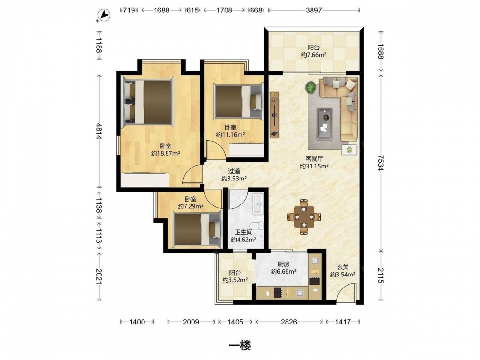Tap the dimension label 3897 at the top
pyautogui.click(x=314, y=10)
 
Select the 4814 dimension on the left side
pyautogui.click(x=98, y=131)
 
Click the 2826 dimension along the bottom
pyautogui.click(x=289, y=322)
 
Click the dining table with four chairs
pyautogui.click(x=304, y=217)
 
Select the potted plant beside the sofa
pyautogui.click(x=311, y=87)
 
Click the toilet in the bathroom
pyautogui.click(x=256, y=225)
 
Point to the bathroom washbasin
pyautogui.click(x=258, y=204)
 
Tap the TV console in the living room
pyautogui.click(x=275, y=115)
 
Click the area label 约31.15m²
pyautogui.click(x=314, y=166)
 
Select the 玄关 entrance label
pyautogui.click(x=343, y=267)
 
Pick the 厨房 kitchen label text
pyautogui.click(x=284, y=264)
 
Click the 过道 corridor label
pyautogui.click(x=234, y=171)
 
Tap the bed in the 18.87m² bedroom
pyautogui.click(x=148, y=102)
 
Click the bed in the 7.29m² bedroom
pyautogui.click(x=197, y=229)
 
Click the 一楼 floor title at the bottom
pyautogui.click(x=240, y=346)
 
